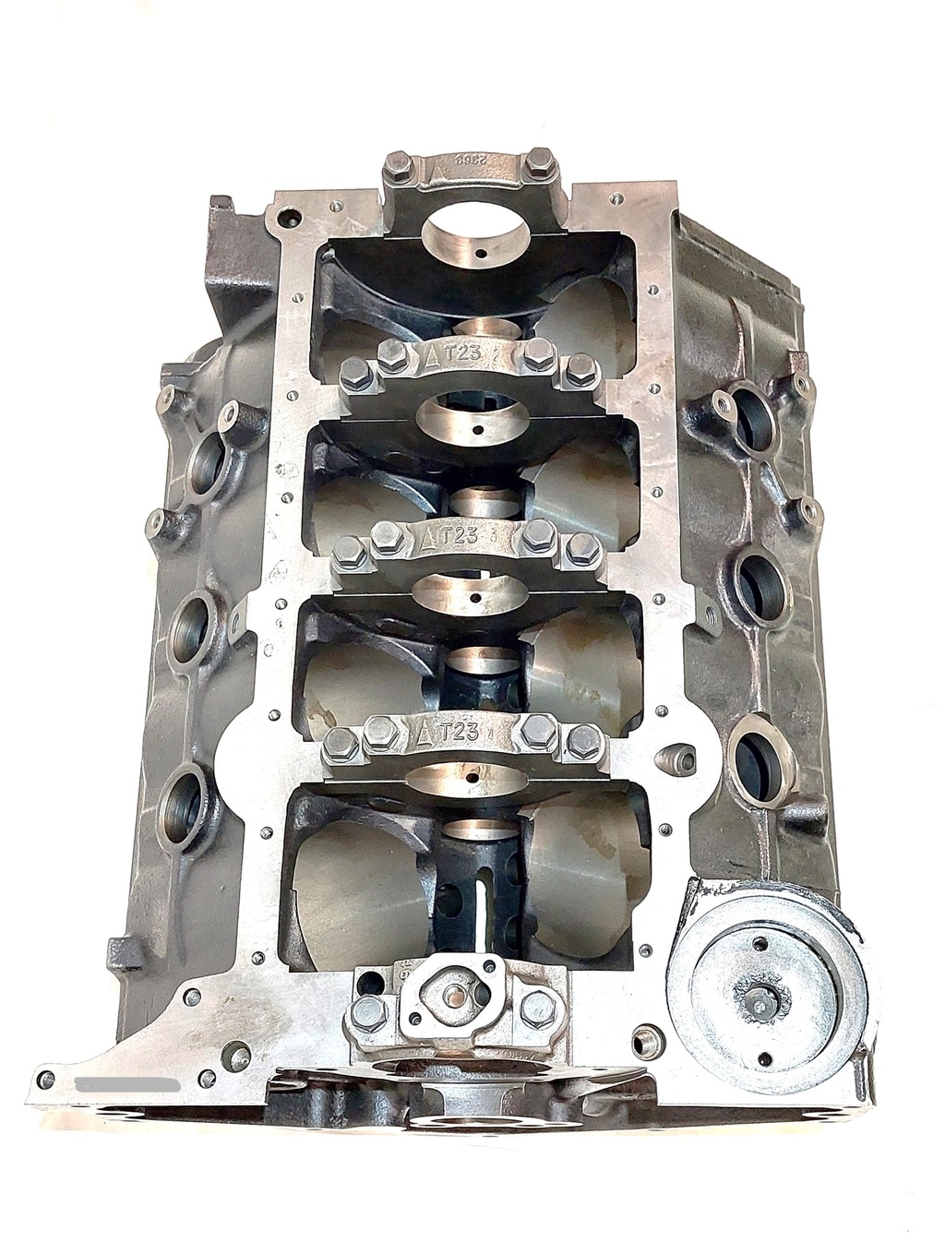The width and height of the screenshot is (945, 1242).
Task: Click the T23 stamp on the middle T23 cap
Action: pos(459,536)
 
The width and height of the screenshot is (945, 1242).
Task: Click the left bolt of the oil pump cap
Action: pos(366,1010)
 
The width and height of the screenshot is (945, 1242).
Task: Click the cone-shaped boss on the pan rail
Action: pos(674,758)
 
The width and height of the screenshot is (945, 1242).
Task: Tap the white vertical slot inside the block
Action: pos(482,914)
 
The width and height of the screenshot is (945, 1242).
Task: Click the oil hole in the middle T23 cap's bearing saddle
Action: pos(475,600)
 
